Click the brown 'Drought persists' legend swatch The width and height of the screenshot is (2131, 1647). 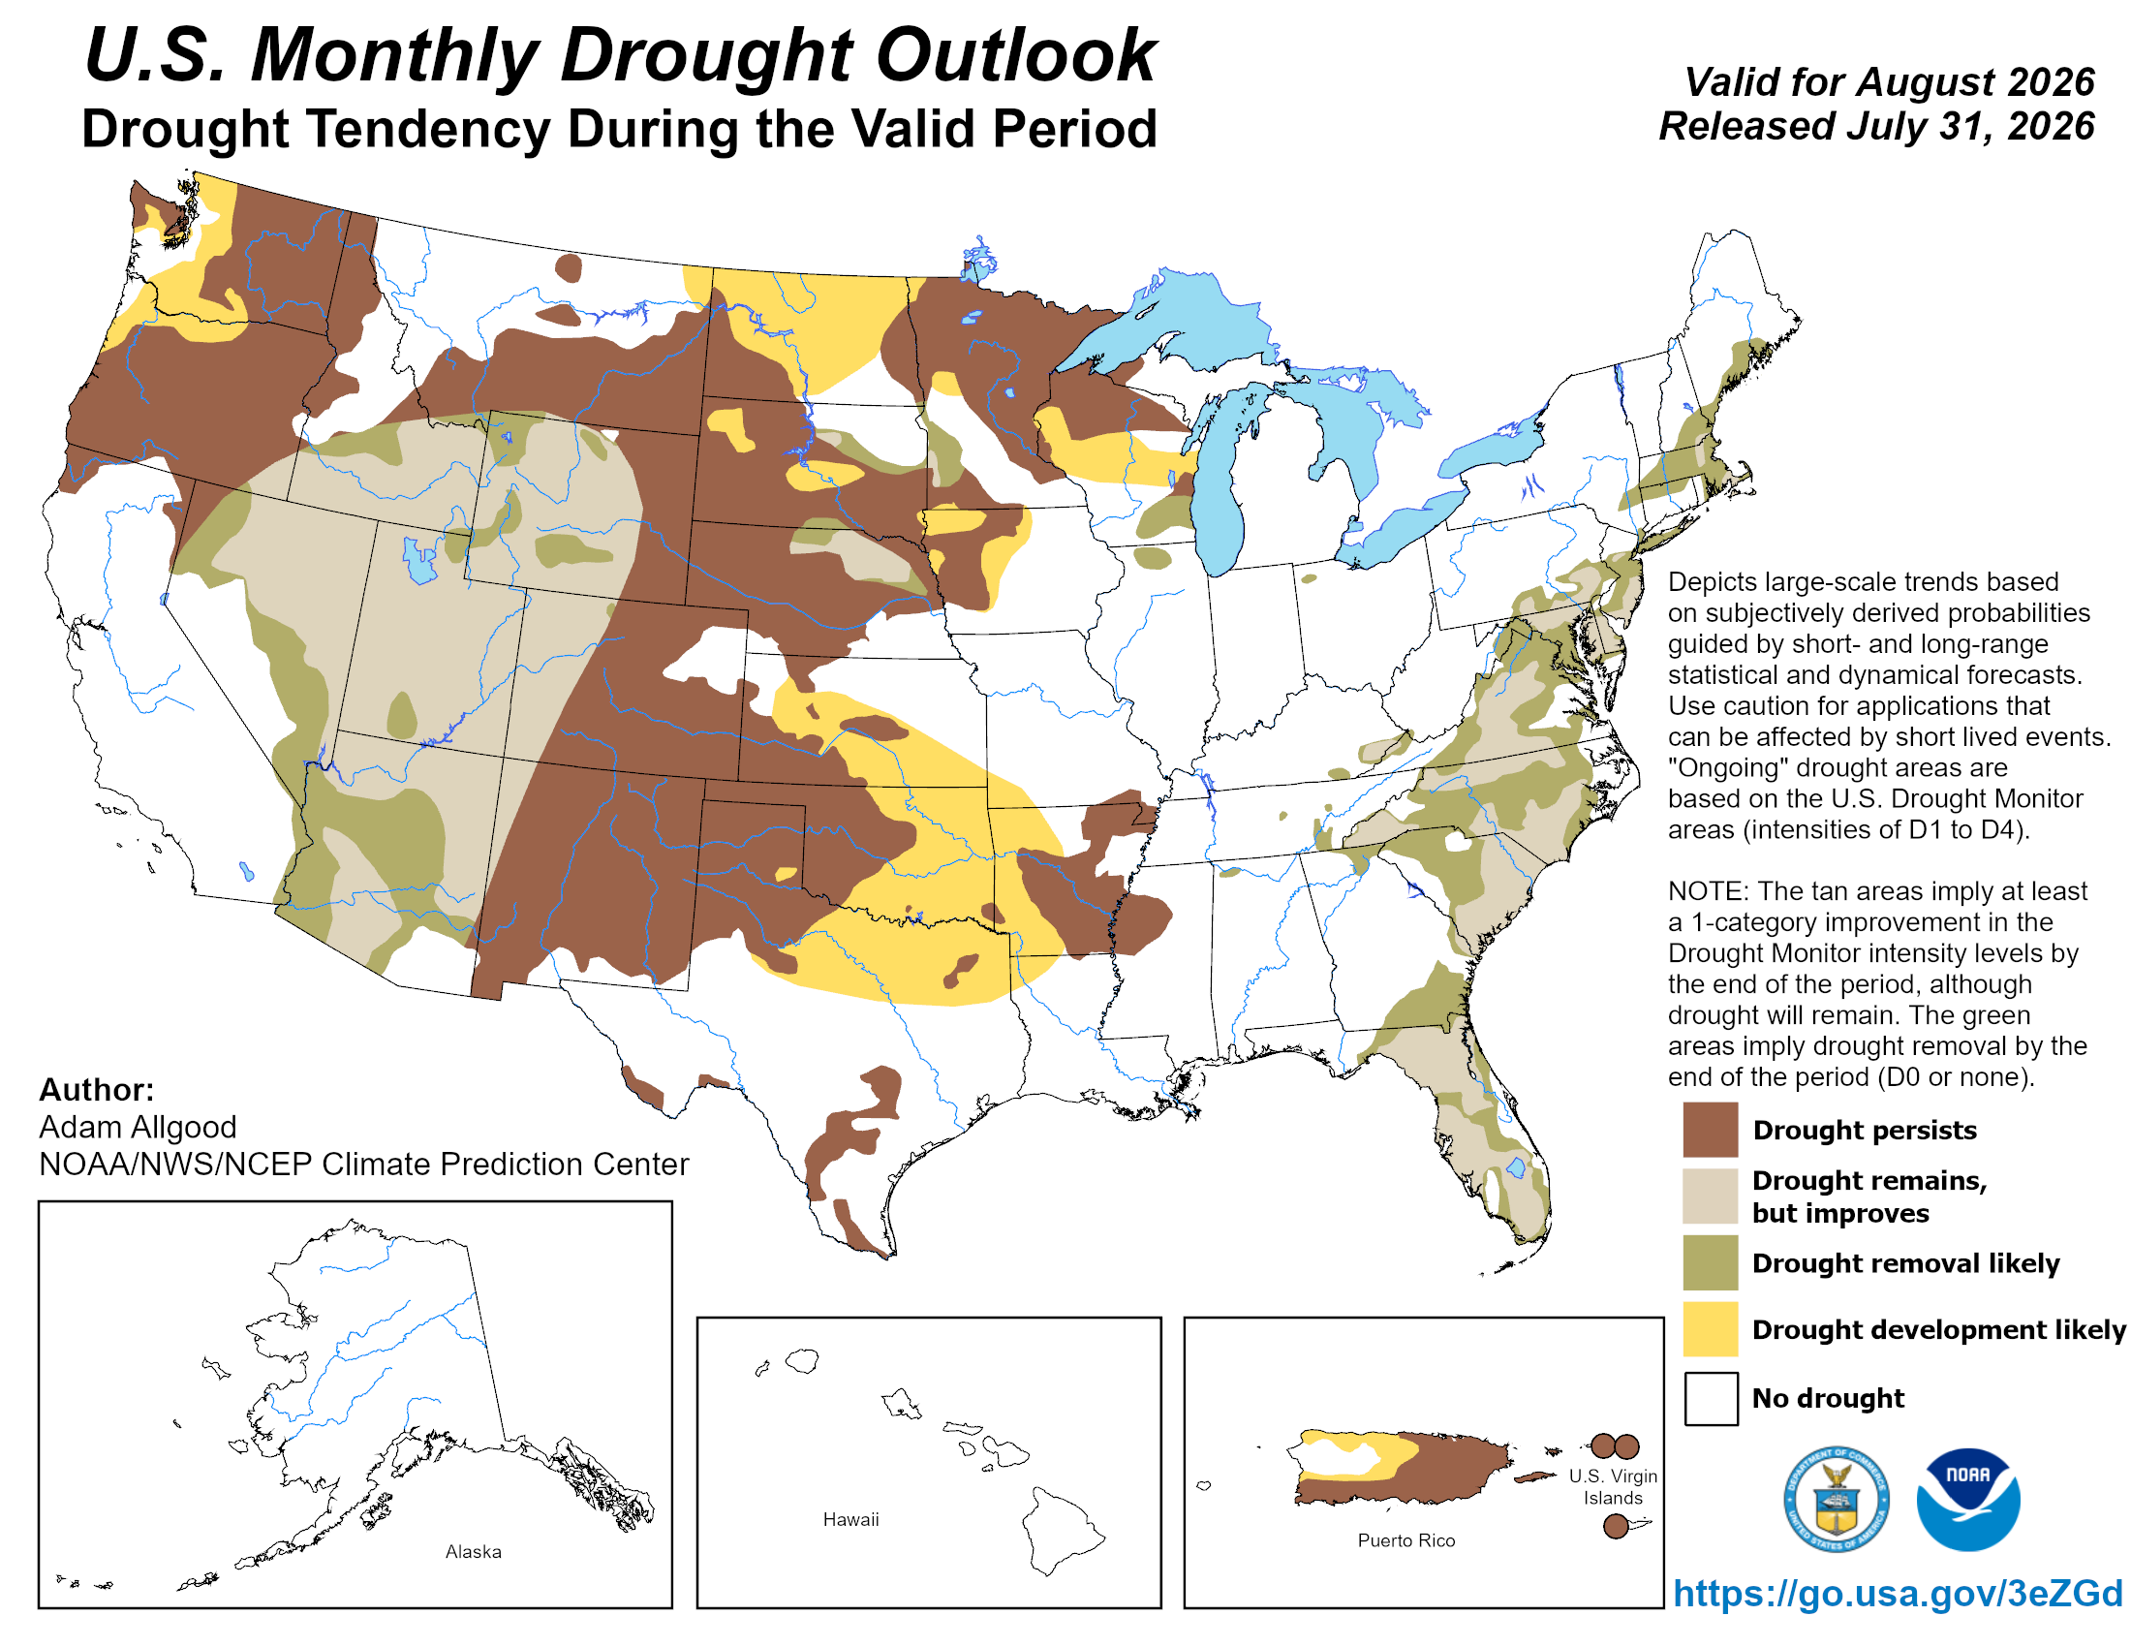[1710, 1129]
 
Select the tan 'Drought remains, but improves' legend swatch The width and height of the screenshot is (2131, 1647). [1710, 1196]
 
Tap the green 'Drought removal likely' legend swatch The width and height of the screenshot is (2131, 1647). [1710, 1261]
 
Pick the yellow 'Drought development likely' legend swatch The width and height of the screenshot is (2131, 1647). [1710, 1328]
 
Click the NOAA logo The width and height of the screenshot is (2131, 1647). [1967, 1499]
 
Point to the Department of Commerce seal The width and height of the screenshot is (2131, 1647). [1836, 1499]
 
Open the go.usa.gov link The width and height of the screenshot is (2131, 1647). [1897, 1593]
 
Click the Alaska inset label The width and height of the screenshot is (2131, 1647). [474, 1551]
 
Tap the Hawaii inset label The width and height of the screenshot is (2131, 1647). [849, 1519]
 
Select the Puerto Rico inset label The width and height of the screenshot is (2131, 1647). [1405, 1539]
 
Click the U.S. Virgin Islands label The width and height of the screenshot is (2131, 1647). [1612, 1487]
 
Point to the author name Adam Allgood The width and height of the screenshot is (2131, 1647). [138, 1127]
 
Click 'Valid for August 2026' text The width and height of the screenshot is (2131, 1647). [1889, 82]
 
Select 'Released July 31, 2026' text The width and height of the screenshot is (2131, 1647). [1876, 126]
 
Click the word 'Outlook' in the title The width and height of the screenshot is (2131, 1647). [1015, 54]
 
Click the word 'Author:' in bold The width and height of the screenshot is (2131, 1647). [97, 1089]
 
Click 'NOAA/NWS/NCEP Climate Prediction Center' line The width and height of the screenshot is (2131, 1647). [364, 1164]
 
